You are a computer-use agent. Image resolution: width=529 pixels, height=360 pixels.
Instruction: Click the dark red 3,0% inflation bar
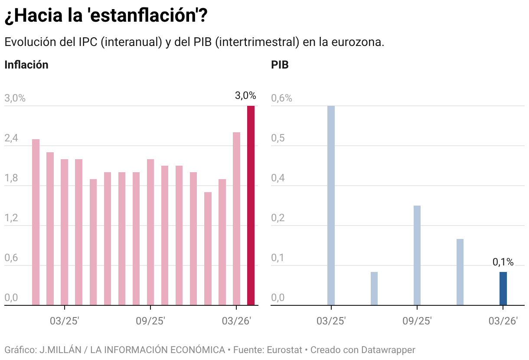click(251, 206)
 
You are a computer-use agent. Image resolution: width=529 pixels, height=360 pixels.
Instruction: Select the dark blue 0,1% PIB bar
click(503, 288)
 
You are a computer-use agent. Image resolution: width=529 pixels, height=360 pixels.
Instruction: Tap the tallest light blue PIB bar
click(331, 206)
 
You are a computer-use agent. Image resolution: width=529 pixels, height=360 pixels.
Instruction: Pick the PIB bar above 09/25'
click(417, 255)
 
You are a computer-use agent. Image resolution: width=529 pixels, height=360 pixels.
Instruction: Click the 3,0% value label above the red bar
click(245, 96)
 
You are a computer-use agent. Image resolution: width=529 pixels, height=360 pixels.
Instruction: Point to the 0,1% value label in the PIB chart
click(503, 262)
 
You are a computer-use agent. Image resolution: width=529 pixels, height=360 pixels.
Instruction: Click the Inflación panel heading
click(26, 65)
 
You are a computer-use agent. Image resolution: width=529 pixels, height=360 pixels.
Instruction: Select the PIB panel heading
click(280, 65)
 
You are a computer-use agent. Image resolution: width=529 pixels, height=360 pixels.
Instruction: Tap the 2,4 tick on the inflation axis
click(11, 138)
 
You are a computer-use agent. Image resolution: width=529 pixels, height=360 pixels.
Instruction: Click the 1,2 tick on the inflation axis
click(11, 218)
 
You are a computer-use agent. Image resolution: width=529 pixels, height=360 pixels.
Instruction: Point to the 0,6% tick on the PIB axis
click(282, 98)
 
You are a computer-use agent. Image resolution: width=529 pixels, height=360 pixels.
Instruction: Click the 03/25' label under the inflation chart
click(64, 321)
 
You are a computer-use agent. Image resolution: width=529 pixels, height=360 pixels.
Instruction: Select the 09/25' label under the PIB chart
click(417, 321)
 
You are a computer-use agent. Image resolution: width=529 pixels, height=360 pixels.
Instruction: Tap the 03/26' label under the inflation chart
click(236, 321)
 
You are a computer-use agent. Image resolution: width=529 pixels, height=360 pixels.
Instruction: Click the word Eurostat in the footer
click(284, 350)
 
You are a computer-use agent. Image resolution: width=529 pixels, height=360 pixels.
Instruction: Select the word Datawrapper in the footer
click(389, 350)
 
